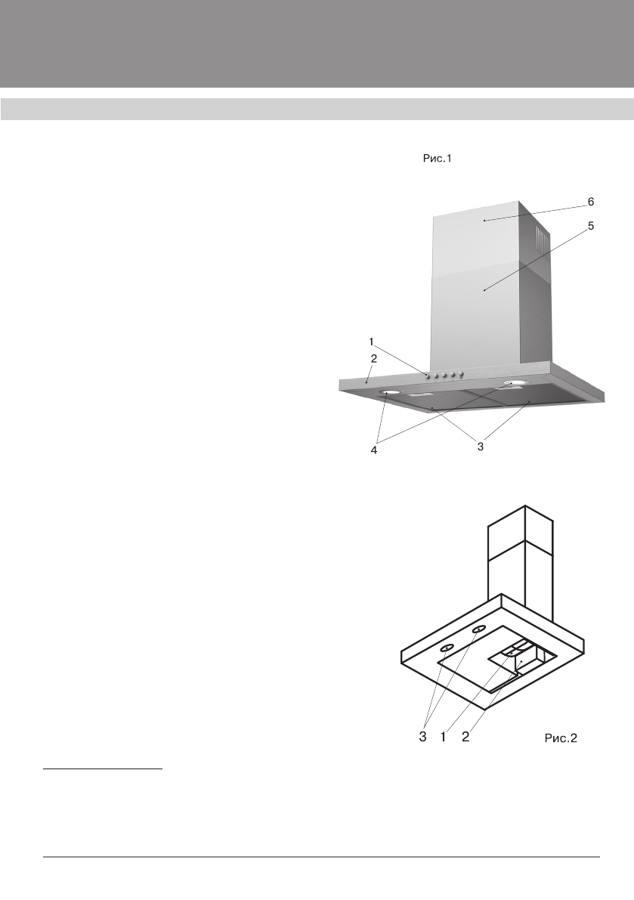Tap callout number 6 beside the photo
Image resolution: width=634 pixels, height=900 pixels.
point(591,202)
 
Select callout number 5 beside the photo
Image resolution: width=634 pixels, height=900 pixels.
point(591,226)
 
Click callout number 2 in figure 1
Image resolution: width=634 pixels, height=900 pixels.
point(373,358)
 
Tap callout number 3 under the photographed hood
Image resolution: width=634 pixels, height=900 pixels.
point(479,447)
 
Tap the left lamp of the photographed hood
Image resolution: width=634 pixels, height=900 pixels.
point(391,393)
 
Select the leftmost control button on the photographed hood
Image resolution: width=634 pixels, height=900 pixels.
point(428,376)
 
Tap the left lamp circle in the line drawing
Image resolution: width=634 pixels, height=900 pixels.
point(447,648)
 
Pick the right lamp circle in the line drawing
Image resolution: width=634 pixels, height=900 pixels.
point(478,629)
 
